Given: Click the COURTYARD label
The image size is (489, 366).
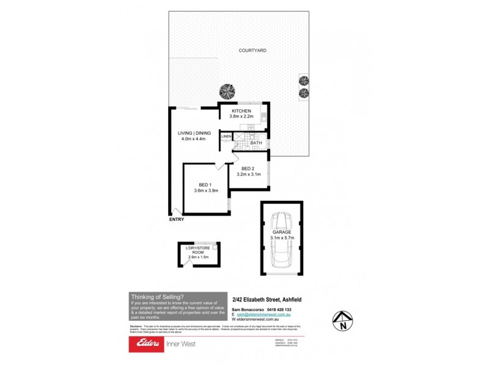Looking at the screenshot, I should (x=252, y=51).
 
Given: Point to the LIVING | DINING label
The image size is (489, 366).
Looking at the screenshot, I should (x=194, y=133).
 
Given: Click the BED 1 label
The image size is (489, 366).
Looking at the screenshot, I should (x=205, y=185).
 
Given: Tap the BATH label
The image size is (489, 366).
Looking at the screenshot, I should (x=248, y=143).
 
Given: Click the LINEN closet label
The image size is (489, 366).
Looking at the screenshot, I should (x=226, y=136).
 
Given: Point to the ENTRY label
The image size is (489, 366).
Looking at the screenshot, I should (x=176, y=220).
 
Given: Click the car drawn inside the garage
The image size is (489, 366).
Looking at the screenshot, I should (x=282, y=244).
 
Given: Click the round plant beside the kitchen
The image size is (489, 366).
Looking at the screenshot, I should (x=227, y=91).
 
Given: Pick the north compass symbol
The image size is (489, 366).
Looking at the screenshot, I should (x=344, y=321).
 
